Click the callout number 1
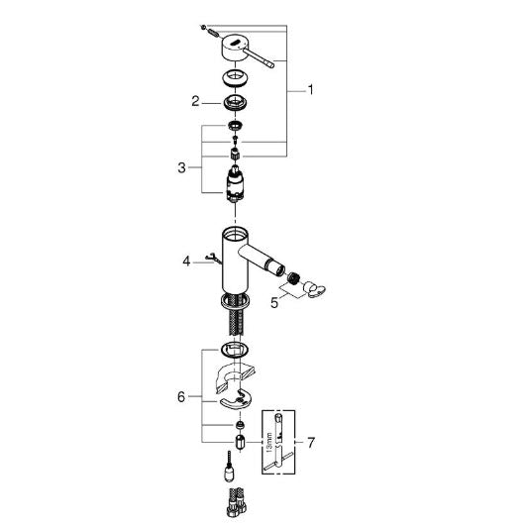tap(310, 90)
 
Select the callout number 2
tap(195, 101)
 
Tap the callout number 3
tap(181, 167)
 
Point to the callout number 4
tap(186, 261)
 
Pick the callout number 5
tap(274, 303)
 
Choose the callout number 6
tap(181, 397)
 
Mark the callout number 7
tap(311, 442)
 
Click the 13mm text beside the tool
tap(268, 442)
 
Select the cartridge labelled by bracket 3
tap(235, 184)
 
